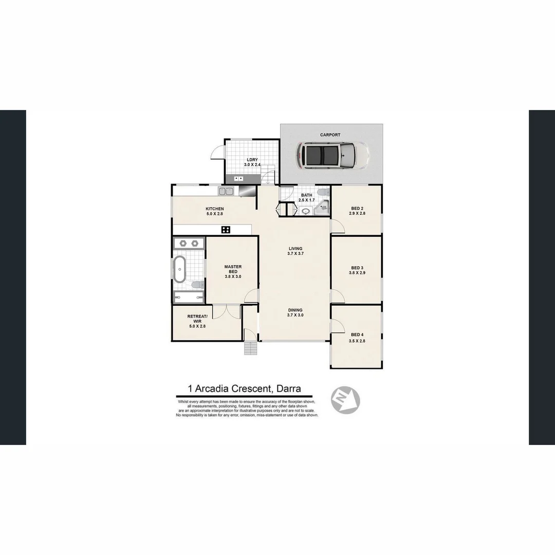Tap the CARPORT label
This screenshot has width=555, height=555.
point(330,135)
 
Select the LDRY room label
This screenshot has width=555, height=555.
point(252,160)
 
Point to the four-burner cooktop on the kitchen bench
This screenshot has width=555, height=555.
point(226,230)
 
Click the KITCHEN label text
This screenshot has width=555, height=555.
point(214,209)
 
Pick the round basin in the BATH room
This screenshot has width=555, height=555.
point(306,211)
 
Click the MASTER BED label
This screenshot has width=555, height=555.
point(233,269)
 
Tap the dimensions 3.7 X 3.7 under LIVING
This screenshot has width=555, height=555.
point(295,254)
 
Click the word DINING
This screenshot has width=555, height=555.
point(295,310)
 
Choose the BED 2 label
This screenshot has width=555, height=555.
point(357,209)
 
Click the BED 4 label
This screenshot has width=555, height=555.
point(357,335)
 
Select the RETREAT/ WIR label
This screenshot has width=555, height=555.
point(197,319)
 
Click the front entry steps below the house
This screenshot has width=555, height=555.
point(250,348)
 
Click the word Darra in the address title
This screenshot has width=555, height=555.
point(289,389)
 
